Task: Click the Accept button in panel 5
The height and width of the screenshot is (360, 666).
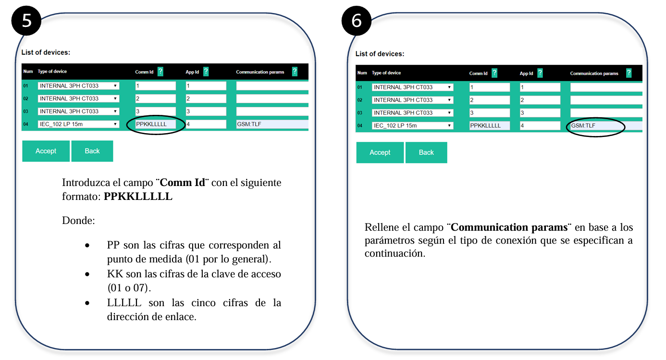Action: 46,151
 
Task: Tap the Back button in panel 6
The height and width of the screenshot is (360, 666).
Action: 426,152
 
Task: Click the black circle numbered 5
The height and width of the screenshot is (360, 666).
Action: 26,21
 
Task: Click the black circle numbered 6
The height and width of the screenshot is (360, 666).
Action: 357,21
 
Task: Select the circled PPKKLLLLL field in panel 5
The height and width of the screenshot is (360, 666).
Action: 156,124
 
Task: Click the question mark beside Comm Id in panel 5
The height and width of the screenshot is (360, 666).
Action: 160,71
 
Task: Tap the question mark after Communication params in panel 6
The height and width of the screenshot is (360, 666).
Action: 629,73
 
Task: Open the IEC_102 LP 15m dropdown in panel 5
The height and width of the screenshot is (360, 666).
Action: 78,124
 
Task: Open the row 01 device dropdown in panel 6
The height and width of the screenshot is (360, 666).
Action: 412,87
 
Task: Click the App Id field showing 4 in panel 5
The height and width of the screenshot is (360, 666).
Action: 206,124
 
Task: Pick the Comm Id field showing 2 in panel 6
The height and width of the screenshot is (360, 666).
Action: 489,100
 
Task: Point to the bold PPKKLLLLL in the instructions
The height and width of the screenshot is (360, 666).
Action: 138,197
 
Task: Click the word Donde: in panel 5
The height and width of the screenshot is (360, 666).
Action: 78,221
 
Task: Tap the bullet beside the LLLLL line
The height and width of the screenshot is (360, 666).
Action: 87,303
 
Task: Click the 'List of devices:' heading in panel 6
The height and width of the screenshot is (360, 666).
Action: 380,54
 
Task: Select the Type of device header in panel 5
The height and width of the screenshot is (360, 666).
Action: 52,71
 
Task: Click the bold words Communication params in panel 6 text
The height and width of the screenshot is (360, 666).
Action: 509,227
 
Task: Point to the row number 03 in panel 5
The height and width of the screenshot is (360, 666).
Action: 26,112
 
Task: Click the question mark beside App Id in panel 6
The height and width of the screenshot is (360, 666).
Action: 540,73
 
